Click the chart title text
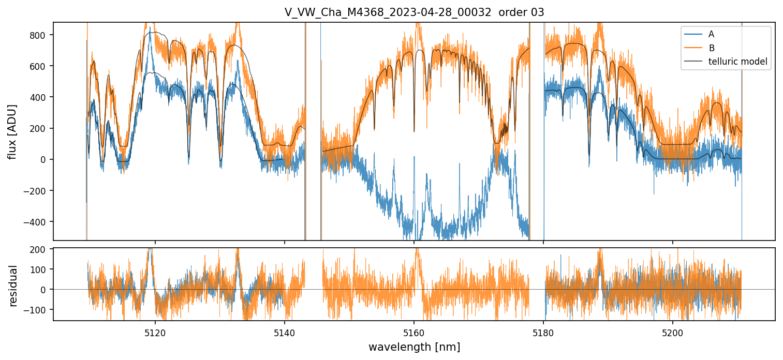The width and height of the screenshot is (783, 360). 414,12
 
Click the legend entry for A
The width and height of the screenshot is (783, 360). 711,34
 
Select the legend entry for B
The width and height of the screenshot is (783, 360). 711,48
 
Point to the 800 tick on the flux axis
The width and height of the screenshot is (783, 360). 41,35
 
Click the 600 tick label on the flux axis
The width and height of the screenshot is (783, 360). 41,66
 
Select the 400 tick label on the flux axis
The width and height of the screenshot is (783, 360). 41,97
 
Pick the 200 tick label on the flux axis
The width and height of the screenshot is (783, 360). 41,128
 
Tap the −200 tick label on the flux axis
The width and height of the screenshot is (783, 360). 39,190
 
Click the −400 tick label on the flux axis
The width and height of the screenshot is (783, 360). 39,221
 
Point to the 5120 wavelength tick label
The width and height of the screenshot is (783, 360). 155,333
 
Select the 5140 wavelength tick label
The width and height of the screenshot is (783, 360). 284,333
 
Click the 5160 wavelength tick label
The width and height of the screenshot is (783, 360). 414,333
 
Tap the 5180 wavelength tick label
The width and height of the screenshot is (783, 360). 543,333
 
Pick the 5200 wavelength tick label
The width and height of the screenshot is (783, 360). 673,333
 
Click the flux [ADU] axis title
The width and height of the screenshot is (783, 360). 12,131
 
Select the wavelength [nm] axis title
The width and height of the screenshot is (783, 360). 414,347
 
